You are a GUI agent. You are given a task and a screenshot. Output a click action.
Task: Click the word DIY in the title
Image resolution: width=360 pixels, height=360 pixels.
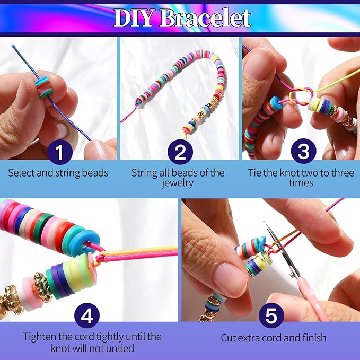[133, 17]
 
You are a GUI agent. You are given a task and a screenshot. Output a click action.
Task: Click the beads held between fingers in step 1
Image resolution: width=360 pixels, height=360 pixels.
[45, 86]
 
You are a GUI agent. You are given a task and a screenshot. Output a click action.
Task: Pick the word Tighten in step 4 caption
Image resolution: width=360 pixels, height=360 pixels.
[39, 337]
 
